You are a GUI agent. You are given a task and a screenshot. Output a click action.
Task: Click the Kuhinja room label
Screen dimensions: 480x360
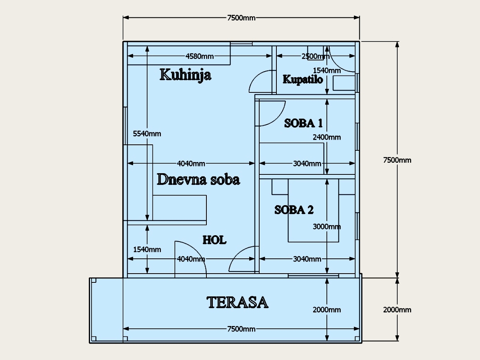[186, 75]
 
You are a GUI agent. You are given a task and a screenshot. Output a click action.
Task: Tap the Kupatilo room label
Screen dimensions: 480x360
[303, 80]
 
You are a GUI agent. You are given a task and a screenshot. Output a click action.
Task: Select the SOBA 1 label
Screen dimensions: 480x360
[303, 123]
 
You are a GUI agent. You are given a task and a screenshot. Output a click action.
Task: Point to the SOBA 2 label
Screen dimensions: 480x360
[294, 210]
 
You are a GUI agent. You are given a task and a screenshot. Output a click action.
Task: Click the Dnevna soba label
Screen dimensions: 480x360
[198, 180]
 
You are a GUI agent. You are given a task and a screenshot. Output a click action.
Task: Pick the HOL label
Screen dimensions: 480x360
[214, 240]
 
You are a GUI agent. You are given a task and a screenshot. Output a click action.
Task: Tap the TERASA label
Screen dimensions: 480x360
[238, 302]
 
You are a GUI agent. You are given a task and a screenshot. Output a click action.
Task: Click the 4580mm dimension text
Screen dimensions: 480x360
[200, 56]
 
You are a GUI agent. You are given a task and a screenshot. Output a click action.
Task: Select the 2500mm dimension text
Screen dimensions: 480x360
[316, 56]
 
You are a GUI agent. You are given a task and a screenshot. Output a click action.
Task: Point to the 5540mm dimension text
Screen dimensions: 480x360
[147, 134]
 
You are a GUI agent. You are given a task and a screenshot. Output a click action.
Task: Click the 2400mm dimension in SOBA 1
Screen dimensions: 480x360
[327, 137]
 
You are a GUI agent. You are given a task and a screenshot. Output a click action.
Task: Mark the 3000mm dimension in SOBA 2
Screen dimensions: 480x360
[327, 227]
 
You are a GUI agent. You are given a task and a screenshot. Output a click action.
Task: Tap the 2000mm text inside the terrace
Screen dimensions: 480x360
[327, 310]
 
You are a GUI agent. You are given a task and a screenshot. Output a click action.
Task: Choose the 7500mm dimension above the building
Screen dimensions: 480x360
[241, 18]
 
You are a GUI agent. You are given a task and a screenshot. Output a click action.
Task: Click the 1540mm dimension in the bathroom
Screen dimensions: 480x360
[327, 70]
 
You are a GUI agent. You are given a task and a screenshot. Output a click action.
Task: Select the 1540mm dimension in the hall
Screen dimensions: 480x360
[147, 249]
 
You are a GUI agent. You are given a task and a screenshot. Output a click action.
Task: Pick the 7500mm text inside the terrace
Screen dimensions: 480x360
[241, 329]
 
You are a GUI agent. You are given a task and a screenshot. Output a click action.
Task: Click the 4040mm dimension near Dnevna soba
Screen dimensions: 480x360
[191, 164]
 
